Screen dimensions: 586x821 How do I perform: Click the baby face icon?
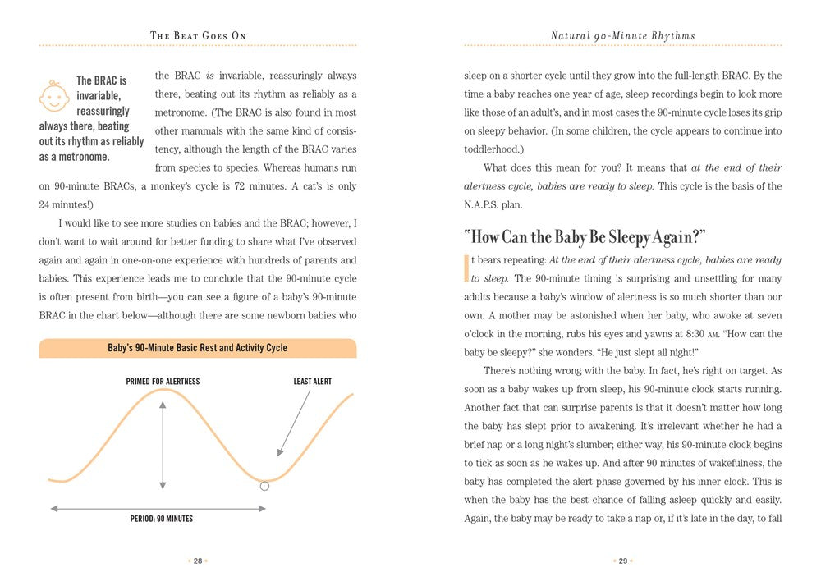point(54,96)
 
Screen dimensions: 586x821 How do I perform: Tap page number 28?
point(198,561)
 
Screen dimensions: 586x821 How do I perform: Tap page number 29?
point(622,561)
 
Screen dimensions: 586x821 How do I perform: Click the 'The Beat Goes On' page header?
point(198,35)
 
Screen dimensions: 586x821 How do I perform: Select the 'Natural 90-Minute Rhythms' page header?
point(622,35)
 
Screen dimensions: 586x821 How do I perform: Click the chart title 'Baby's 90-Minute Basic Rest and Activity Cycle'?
point(198,348)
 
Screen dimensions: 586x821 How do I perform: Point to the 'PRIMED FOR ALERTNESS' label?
point(163,382)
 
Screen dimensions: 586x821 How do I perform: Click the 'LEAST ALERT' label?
point(313,382)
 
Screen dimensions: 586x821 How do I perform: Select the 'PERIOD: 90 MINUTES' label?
point(162,519)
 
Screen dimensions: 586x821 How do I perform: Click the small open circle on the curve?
point(264,487)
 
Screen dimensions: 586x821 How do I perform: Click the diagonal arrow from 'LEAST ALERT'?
point(295,422)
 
